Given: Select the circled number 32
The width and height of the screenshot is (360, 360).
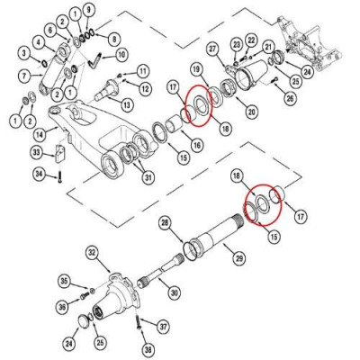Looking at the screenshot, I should [91, 253].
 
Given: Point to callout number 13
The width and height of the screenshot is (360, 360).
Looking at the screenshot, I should [127, 105].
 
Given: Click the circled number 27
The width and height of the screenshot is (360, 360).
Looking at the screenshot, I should [213, 48].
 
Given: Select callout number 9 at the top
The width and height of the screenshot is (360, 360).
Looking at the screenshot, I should [87, 10].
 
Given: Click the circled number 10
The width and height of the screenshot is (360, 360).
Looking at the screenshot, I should [121, 55].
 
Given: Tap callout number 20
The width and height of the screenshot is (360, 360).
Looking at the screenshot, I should [227, 112].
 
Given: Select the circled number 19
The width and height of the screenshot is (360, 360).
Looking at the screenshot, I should [195, 69].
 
